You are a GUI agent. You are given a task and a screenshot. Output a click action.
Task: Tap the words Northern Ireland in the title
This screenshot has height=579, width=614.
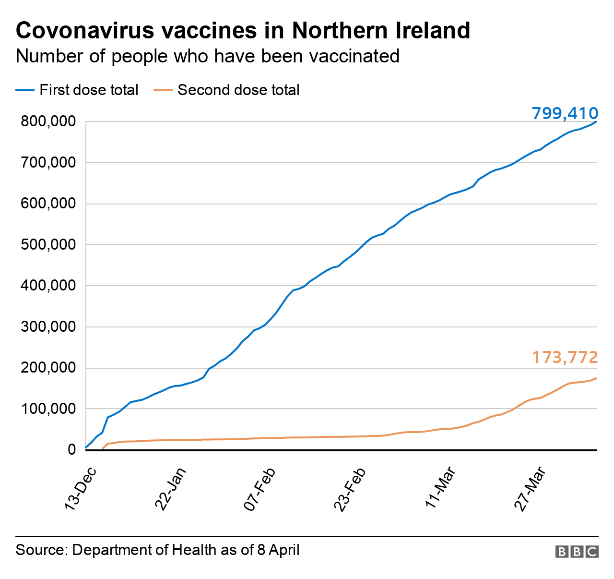point(381,31)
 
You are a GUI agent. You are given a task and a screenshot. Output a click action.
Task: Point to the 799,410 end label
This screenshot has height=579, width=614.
point(565,113)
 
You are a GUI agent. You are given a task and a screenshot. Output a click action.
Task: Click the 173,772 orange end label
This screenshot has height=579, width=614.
point(565,357)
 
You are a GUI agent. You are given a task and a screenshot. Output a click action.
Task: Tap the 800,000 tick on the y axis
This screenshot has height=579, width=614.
point(48,122)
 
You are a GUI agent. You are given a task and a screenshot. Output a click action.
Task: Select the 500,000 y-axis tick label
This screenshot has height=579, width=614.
point(48,245)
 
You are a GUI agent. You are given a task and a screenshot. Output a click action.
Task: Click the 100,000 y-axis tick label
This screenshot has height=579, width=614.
point(48,409)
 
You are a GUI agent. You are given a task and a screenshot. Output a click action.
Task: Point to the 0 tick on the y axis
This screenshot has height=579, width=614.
point(71,450)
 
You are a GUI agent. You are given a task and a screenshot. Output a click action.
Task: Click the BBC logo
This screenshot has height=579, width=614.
point(577,552)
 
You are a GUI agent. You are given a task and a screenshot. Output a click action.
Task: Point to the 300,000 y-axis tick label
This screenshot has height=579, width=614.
point(48,327)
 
